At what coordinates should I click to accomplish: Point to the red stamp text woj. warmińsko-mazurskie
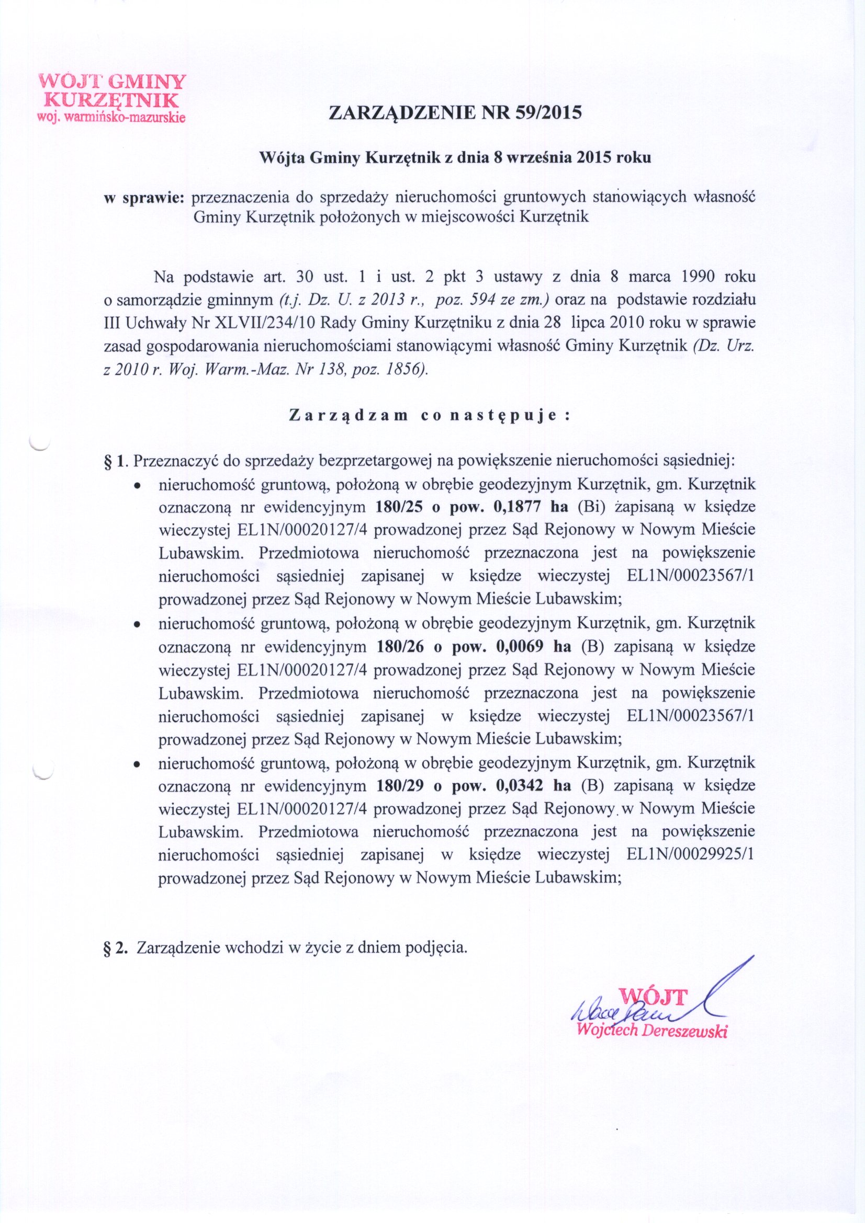pos(110,118)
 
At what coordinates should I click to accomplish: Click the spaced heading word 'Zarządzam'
pos(348,417)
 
